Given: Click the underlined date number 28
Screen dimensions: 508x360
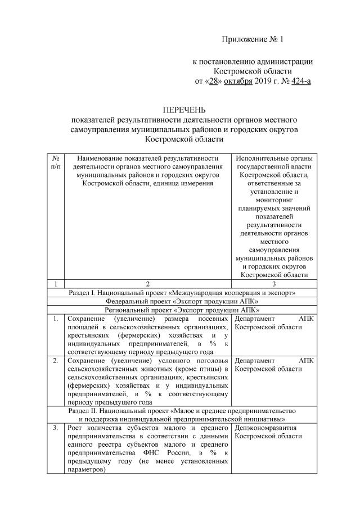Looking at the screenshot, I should (x=214, y=81).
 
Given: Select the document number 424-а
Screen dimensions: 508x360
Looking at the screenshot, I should (x=300, y=81).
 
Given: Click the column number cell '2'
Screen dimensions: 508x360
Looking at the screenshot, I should (x=147, y=284).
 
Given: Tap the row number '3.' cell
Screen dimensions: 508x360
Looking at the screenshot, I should (x=56, y=429).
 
